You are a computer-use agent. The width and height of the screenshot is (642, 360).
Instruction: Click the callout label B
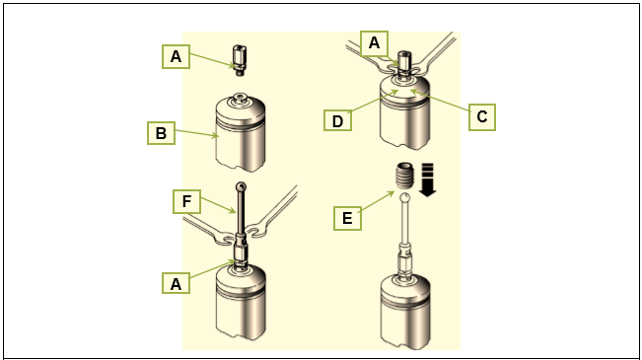[x=162, y=133]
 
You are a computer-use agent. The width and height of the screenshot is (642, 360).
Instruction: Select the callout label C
[x=482, y=117]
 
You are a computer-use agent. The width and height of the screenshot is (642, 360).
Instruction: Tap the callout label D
[x=337, y=120]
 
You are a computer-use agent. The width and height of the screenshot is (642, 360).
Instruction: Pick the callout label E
[x=347, y=218]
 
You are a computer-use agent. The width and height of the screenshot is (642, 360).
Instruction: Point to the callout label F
[x=186, y=201]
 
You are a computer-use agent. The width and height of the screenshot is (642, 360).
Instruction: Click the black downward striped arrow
[x=427, y=180]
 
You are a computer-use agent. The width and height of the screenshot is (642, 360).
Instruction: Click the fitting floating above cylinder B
[x=239, y=60]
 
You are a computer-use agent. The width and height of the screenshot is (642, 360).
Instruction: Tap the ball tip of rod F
[x=241, y=187]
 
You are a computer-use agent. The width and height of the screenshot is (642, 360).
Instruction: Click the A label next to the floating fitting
[x=177, y=56]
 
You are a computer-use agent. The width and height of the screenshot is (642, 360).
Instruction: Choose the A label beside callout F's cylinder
[x=177, y=283]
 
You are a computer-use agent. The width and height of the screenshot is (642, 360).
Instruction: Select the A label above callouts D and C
[x=374, y=42]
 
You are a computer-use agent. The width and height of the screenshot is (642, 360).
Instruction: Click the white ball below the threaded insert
[x=405, y=197]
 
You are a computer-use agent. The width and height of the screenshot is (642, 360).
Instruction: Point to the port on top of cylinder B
[x=239, y=99]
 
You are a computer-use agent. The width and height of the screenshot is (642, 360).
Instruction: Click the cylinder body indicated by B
[x=241, y=134]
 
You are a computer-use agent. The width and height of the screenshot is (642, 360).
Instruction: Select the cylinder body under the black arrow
[x=405, y=312]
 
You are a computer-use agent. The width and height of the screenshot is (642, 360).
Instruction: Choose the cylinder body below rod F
[x=241, y=302]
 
